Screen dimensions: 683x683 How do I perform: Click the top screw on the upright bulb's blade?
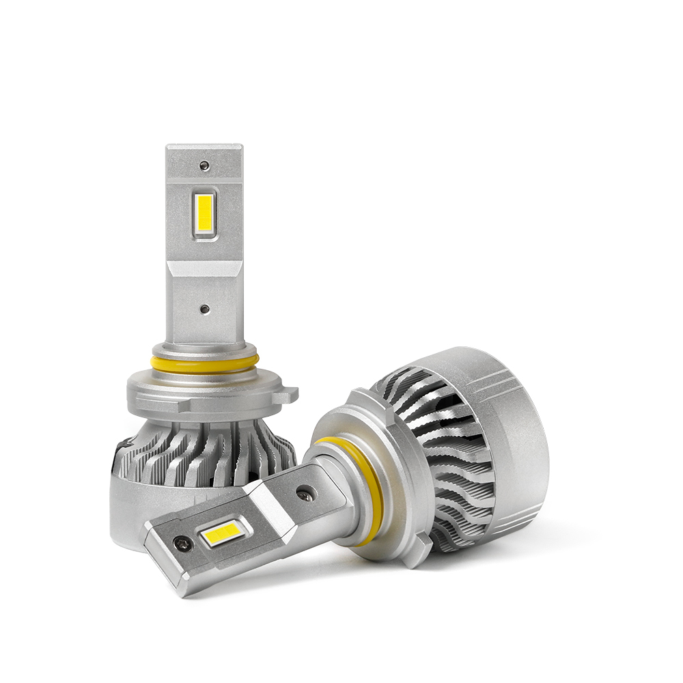[204, 165]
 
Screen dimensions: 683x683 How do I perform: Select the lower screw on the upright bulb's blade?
[204, 309]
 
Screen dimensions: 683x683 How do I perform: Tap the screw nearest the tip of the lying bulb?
[180, 544]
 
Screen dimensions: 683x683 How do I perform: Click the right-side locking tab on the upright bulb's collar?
[290, 394]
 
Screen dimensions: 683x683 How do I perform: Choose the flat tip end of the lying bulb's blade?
[161, 567]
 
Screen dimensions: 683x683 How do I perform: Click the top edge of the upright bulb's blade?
[204, 146]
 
